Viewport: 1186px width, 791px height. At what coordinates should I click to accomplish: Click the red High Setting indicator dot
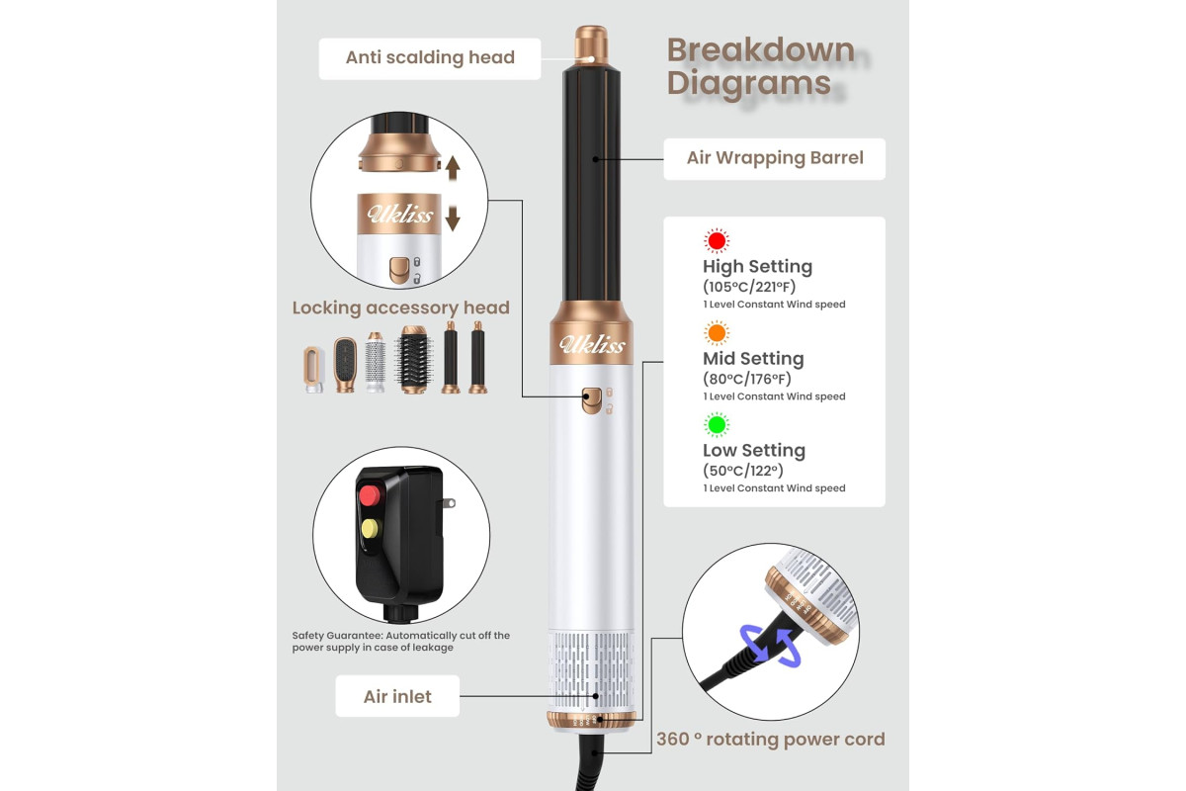(x=717, y=241)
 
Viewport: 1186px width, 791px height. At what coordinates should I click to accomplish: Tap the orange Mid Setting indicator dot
(x=717, y=333)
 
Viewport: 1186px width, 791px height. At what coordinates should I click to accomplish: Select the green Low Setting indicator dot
(x=717, y=424)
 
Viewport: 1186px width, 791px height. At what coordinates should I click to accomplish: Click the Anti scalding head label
(x=430, y=57)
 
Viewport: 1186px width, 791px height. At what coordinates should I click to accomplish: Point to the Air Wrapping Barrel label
(x=775, y=158)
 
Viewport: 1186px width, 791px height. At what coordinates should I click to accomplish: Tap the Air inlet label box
(x=397, y=696)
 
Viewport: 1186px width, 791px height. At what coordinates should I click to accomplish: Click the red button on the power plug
(x=370, y=495)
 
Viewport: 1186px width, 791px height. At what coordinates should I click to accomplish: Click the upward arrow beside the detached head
(x=453, y=168)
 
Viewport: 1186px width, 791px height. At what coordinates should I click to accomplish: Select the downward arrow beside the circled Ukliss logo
(x=453, y=219)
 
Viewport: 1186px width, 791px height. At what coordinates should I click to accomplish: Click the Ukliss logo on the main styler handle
(x=592, y=344)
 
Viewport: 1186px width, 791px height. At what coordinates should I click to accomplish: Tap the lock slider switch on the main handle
(x=591, y=400)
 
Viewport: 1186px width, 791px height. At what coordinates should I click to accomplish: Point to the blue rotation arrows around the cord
(x=770, y=646)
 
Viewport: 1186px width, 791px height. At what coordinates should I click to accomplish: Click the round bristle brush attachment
(x=414, y=359)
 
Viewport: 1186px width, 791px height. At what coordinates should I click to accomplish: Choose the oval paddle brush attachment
(x=345, y=365)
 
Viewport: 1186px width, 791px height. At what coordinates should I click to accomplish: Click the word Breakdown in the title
(x=761, y=50)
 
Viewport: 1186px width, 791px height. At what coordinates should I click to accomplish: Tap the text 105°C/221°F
(x=749, y=287)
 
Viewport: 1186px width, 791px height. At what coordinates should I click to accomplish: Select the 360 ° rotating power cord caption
(x=770, y=739)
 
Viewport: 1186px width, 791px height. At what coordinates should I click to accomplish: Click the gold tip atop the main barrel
(x=591, y=44)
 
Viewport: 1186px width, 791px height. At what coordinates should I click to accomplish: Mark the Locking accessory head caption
(x=401, y=308)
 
